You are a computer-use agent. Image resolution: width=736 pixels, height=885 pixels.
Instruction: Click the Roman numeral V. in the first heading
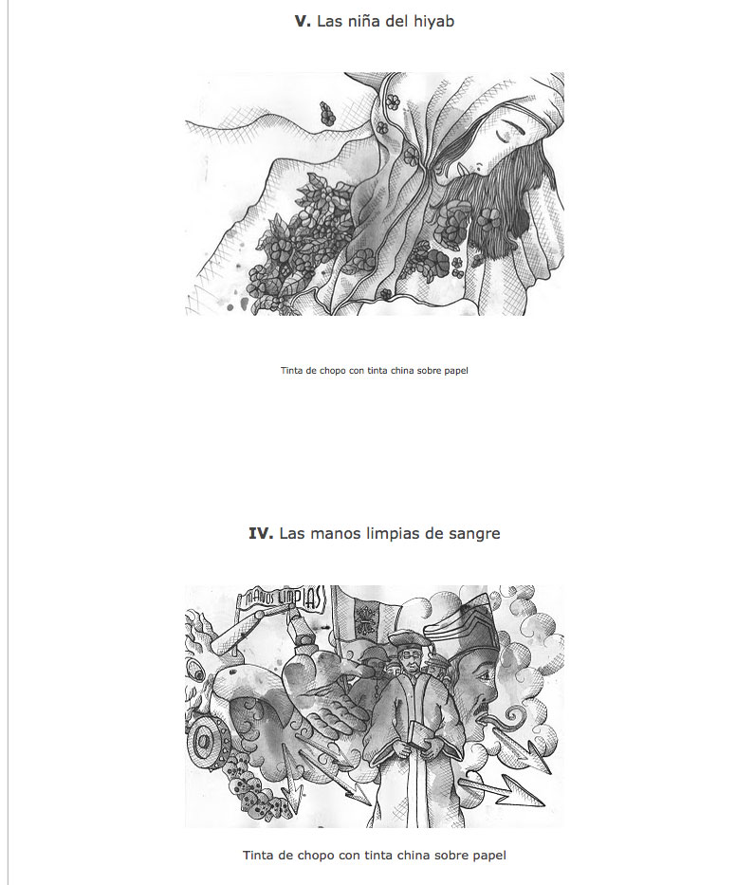click(303, 22)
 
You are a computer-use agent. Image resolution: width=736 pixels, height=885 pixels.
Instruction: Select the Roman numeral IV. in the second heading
click(261, 533)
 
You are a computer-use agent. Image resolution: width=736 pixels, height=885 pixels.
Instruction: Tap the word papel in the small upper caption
click(455, 372)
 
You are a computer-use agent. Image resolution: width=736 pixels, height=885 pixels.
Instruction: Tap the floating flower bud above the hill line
click(327, 113)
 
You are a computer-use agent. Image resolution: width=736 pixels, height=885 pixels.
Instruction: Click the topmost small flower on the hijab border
click(393, 101)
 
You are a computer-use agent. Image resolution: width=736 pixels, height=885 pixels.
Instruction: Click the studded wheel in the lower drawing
click(206, 742)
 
